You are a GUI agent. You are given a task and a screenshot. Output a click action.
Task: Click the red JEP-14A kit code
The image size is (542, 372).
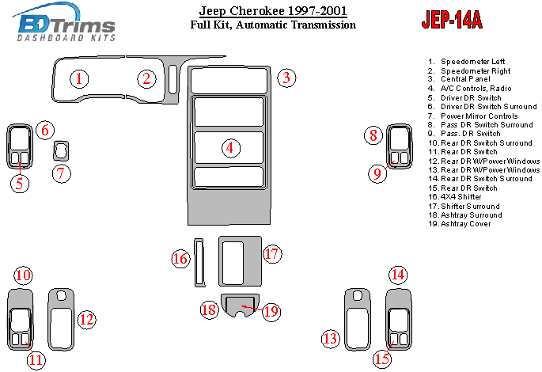click(x=452, y=20)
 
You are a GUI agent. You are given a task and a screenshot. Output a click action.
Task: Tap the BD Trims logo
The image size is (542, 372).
click(x=64, y=22)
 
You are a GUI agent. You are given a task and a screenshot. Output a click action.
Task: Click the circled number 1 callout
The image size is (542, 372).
click(x=79, y=79)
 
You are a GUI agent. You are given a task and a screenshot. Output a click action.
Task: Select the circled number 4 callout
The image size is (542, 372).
click(x=230, y=148)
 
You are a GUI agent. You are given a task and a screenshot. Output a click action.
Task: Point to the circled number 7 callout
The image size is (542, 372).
click(x=62, y=173)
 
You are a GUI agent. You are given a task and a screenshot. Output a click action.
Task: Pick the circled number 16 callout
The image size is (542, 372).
click(x=180, y=259)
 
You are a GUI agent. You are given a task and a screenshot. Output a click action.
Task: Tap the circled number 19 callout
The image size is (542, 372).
click(x=271, y=312)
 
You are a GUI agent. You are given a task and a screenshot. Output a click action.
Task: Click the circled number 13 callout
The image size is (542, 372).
click(x=331, y=339)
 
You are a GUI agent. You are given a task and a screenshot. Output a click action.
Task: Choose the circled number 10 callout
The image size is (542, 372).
click(x=24, y=275)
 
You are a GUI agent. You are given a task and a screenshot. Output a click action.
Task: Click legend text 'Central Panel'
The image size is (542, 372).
click(x=465, y=79)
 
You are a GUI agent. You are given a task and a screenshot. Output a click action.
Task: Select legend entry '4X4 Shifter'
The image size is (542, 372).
click(x=461, y=197)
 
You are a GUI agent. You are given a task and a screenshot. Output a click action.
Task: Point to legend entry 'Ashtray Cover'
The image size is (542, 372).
click(x=465, y=224)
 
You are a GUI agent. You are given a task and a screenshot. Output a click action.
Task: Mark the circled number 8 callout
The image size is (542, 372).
click(x=373, y=135)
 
